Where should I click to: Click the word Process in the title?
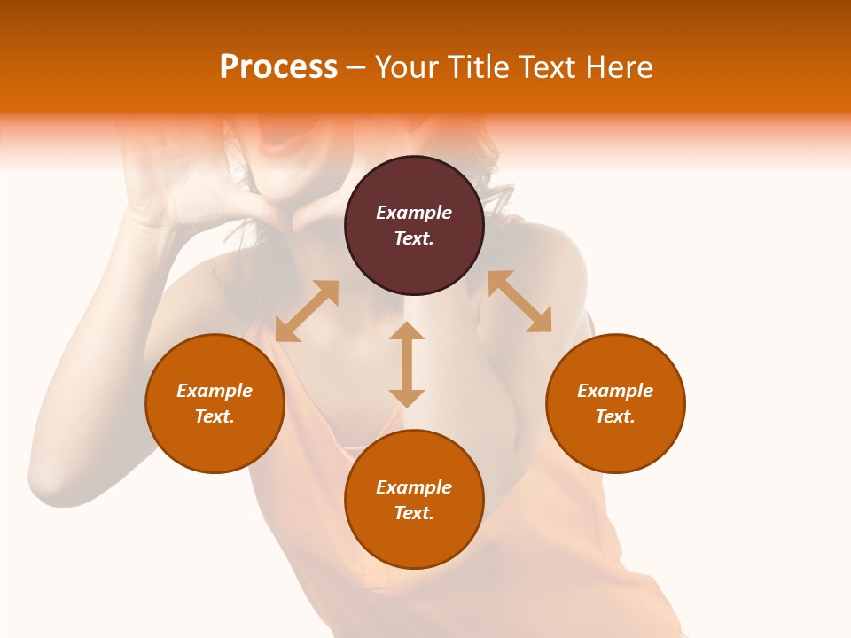click(278, 67)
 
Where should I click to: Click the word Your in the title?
click(406, 67)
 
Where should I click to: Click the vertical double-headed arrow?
click(407, 364)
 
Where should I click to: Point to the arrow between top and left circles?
click(307, 311)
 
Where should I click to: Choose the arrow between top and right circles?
click(519, 301)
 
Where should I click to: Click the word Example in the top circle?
click(414, 213)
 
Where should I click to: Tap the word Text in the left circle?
click(215, 416)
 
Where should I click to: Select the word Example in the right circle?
click(615, 391)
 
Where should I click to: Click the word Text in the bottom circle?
click(414, 513)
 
